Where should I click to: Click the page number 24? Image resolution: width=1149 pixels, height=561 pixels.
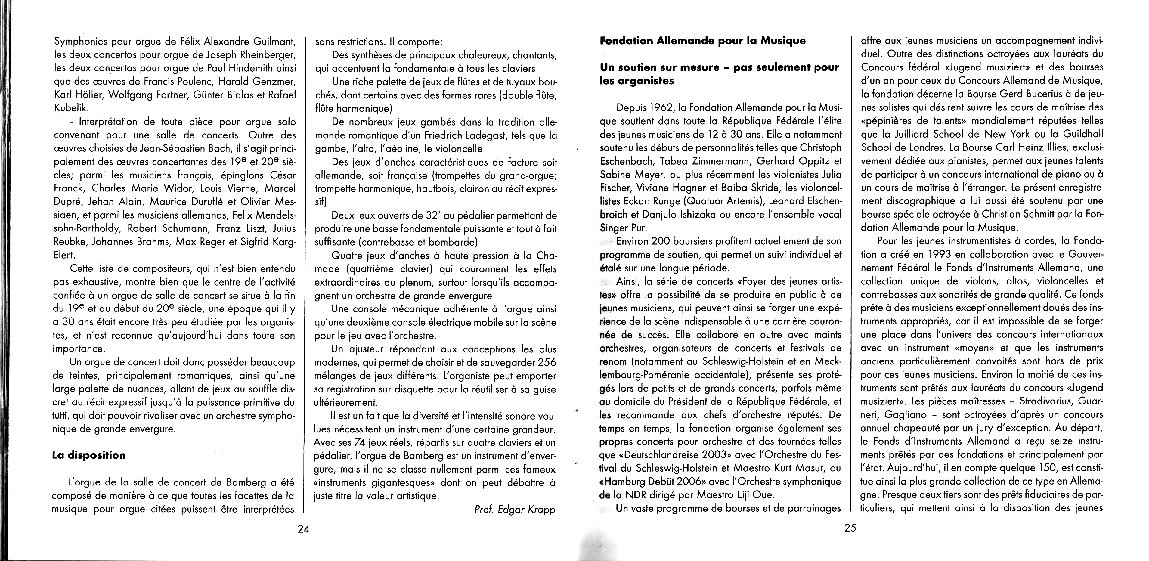(303, 529)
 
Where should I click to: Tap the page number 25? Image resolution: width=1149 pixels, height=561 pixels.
(850, 528)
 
